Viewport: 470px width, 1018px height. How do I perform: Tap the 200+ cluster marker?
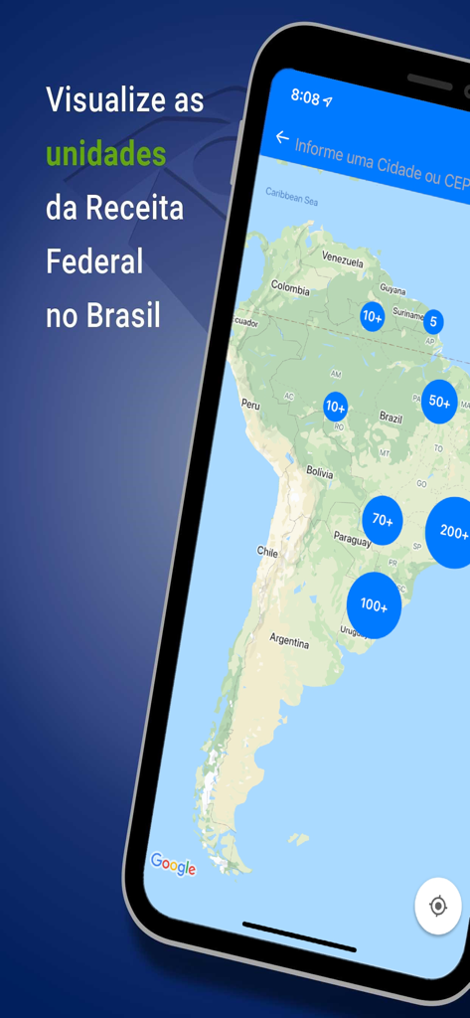pyautogui.click(x=452, y=532)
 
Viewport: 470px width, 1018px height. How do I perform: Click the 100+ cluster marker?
pyautogui.click(x=374, y=604)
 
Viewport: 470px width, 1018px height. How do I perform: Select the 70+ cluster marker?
pyautogui.click(x=383, y=520)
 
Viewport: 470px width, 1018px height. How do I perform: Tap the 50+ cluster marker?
pyautogui.click(x=439, y=403)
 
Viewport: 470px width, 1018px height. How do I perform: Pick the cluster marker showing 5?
pyautogui.click(x=433, y=322)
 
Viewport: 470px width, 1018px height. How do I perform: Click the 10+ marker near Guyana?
pyautogui.click(x=373, y=317)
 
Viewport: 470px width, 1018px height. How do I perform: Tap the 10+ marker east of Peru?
pyautogui.click(x=336, y=407)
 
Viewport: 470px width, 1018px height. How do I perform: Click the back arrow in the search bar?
pyautogui.click(x=282, y=138)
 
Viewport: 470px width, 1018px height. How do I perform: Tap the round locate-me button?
pyautogui.click(x=437, y=906)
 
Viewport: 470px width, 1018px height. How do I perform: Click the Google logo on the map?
pyautogui.click(x=173, y=865)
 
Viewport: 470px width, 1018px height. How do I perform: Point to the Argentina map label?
pyautogui.click(x=289, y=642)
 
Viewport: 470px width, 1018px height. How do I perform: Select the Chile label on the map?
pyautogui.click(x=268, y=551)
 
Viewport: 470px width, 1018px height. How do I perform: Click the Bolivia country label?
pyautogui.click(x=319, y=472)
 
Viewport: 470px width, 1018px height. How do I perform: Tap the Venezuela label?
pyautogui.click(x=342, y=257)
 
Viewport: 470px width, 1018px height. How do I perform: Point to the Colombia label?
pyautogui.click(x=290, y=289)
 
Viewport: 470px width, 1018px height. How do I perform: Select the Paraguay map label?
pyautogui.click(x=352, y=541)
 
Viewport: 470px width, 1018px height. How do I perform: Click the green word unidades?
pyautogui.click(x=105, y=154)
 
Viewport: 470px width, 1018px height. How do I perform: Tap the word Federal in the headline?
pyautogui.click(x=94, y=261)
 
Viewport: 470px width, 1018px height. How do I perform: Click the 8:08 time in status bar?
pyautogui.click(x=305, y=97)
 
